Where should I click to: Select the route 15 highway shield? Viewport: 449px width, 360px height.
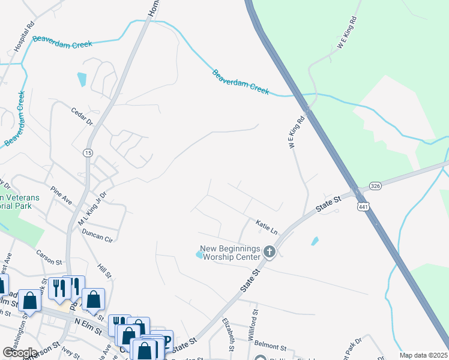(x=88, y=154)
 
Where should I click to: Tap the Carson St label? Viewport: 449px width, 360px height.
(x=49, y=257)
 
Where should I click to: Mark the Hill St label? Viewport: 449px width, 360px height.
(x=104, y=268)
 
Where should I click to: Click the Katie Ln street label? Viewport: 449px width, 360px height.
(x=267, y=227)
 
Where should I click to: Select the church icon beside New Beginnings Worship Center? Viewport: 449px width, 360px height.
(x=270, y=252)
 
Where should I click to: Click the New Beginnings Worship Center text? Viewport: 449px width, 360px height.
(x=229, y=253)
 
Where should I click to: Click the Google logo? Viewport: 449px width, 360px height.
(x=20, y=353)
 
